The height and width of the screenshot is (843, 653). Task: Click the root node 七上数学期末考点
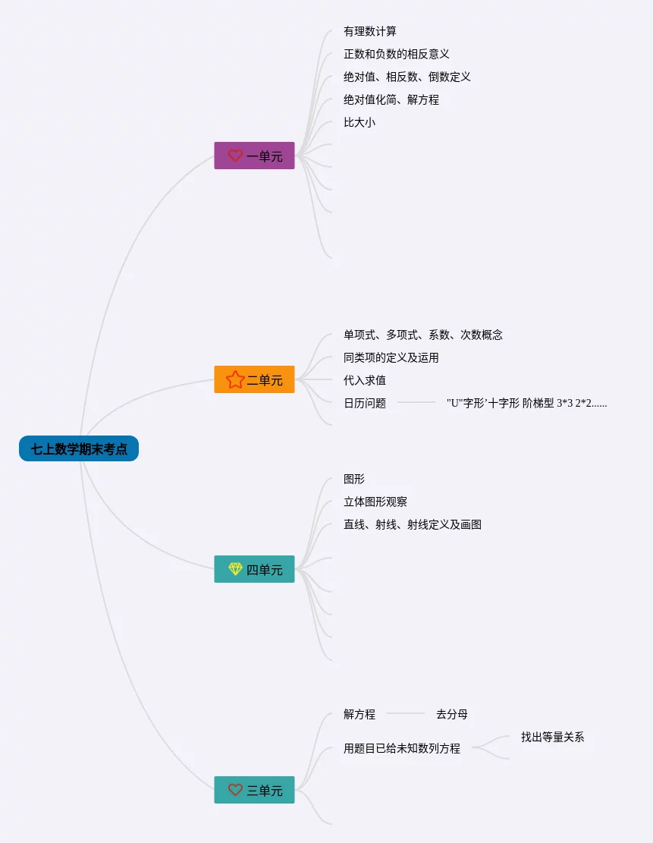pyautogui.click(x=79, y=449)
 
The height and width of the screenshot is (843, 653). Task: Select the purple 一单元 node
pyautogui.click(x=254, y=156)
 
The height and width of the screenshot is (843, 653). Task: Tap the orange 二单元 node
pyautogui.click(x=254, y=380)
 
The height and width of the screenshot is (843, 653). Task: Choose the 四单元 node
pyautogui.click(x=254, y=570)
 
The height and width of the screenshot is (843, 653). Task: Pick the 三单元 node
pyautogui.click(x=254, y=790)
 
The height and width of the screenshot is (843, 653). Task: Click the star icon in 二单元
pyautogui.click(x=235, y=379)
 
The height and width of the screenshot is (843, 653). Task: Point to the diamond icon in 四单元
pyautogui.click(x=235, y=569)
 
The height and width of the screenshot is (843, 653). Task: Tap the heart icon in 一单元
pyautogui.click(x=235, y=156)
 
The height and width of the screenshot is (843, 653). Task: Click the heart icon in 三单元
pyautogui.click(x=235, y=790)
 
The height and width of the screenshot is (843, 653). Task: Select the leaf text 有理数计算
pyautogui.click(x=370, y=31)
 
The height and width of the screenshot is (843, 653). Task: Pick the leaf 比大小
pyautogui.click(x=359, y=122)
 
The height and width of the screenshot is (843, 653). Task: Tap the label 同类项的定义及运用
pyautogui.click(x=391, y=357)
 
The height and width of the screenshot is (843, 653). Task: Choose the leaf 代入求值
pyautogui.click(x=365, y=380)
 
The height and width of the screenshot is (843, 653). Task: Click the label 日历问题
pyautogui.click(x=365, y=403)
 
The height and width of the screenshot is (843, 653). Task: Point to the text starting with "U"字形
pyautogui.click(x=526, y=403)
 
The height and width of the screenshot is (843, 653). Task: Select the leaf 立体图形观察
pyautogui.click(x=375, y=502)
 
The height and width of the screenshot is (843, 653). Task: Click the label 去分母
pyautogui.click(x=452, y=714)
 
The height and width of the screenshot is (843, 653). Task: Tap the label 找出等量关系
pyautogui.click(x=553, y=737)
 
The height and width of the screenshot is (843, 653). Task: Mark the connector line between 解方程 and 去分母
pyautogui.click(x=406, y=714)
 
